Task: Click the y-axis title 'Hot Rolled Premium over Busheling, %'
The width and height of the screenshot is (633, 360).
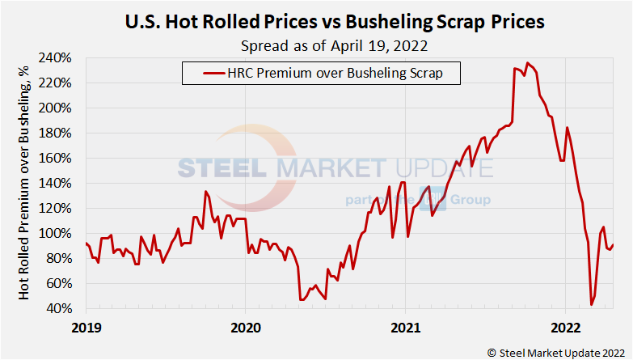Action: coord(25,184)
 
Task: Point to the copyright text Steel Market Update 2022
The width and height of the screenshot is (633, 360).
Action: coord(555,351)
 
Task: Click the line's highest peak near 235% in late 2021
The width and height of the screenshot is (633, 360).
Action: coord(527,63)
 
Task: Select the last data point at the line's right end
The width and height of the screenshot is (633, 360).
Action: coord(613,245)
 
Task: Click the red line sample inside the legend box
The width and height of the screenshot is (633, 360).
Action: coord(202,74)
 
